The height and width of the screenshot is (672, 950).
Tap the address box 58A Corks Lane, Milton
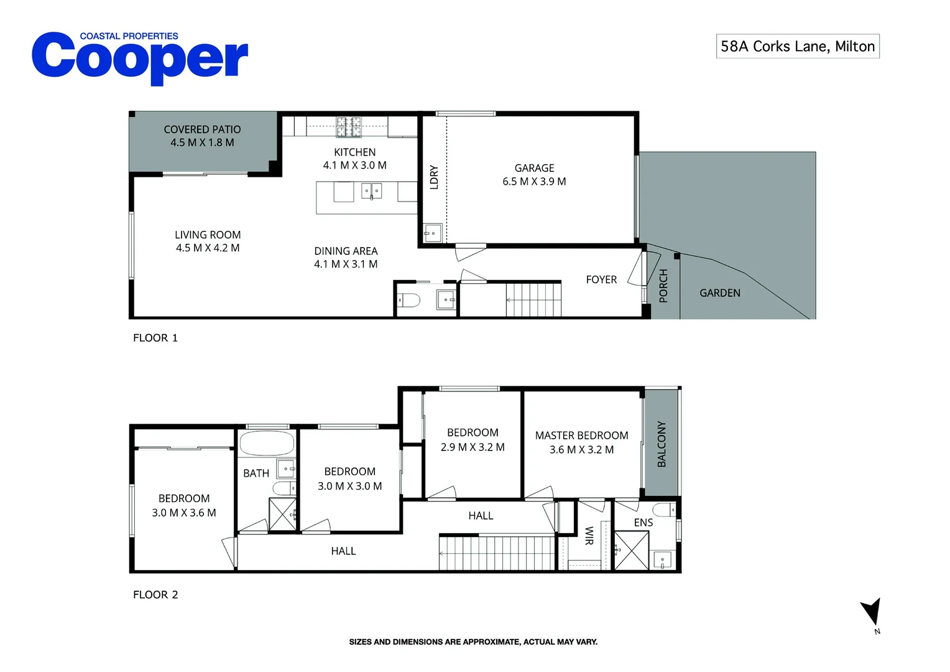(x=797, y=46)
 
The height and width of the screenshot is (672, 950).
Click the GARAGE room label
(x=534, y=167)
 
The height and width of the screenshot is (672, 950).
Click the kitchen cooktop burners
(x=349, y=127)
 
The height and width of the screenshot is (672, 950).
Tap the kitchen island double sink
(x=372, y=190)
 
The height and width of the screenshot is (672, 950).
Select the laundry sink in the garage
(x=433, y=233)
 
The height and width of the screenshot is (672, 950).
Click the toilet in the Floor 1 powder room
(x=409, y=301)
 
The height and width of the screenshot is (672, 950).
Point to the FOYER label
(x=601, y=279)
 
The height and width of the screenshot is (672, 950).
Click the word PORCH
(x=663, y=286)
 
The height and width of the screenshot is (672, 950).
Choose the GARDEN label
(x=720, y=293)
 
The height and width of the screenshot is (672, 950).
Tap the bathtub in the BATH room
(x=267, y=444)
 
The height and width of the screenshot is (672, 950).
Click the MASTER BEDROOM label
(x=581, y=435)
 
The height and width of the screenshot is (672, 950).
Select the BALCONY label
(x=661, y=444)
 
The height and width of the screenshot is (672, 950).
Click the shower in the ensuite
(x=632, y=550)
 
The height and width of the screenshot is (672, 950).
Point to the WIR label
(x=589, y=536)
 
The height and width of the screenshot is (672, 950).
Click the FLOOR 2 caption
(x=155, y=594)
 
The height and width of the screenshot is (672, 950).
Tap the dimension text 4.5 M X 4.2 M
(x=208, y=248)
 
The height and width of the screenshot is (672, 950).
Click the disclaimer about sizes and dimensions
(x=473, y=642)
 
